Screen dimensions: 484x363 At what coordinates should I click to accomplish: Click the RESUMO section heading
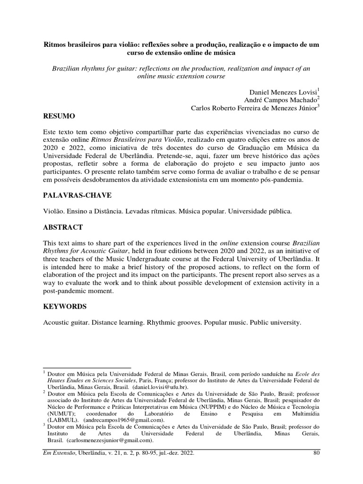click(x=59, y=116)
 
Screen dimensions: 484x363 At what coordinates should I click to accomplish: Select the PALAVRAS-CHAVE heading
click(x=77, y=196)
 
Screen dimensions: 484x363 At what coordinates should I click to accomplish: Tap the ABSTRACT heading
click(x=63, y=227)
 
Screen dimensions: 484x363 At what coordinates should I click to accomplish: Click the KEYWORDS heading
click(x=65, y=307)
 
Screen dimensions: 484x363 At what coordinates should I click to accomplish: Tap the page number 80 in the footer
click(x=317, y=453)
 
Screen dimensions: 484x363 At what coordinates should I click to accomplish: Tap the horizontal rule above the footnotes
click(x=87, y=368)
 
